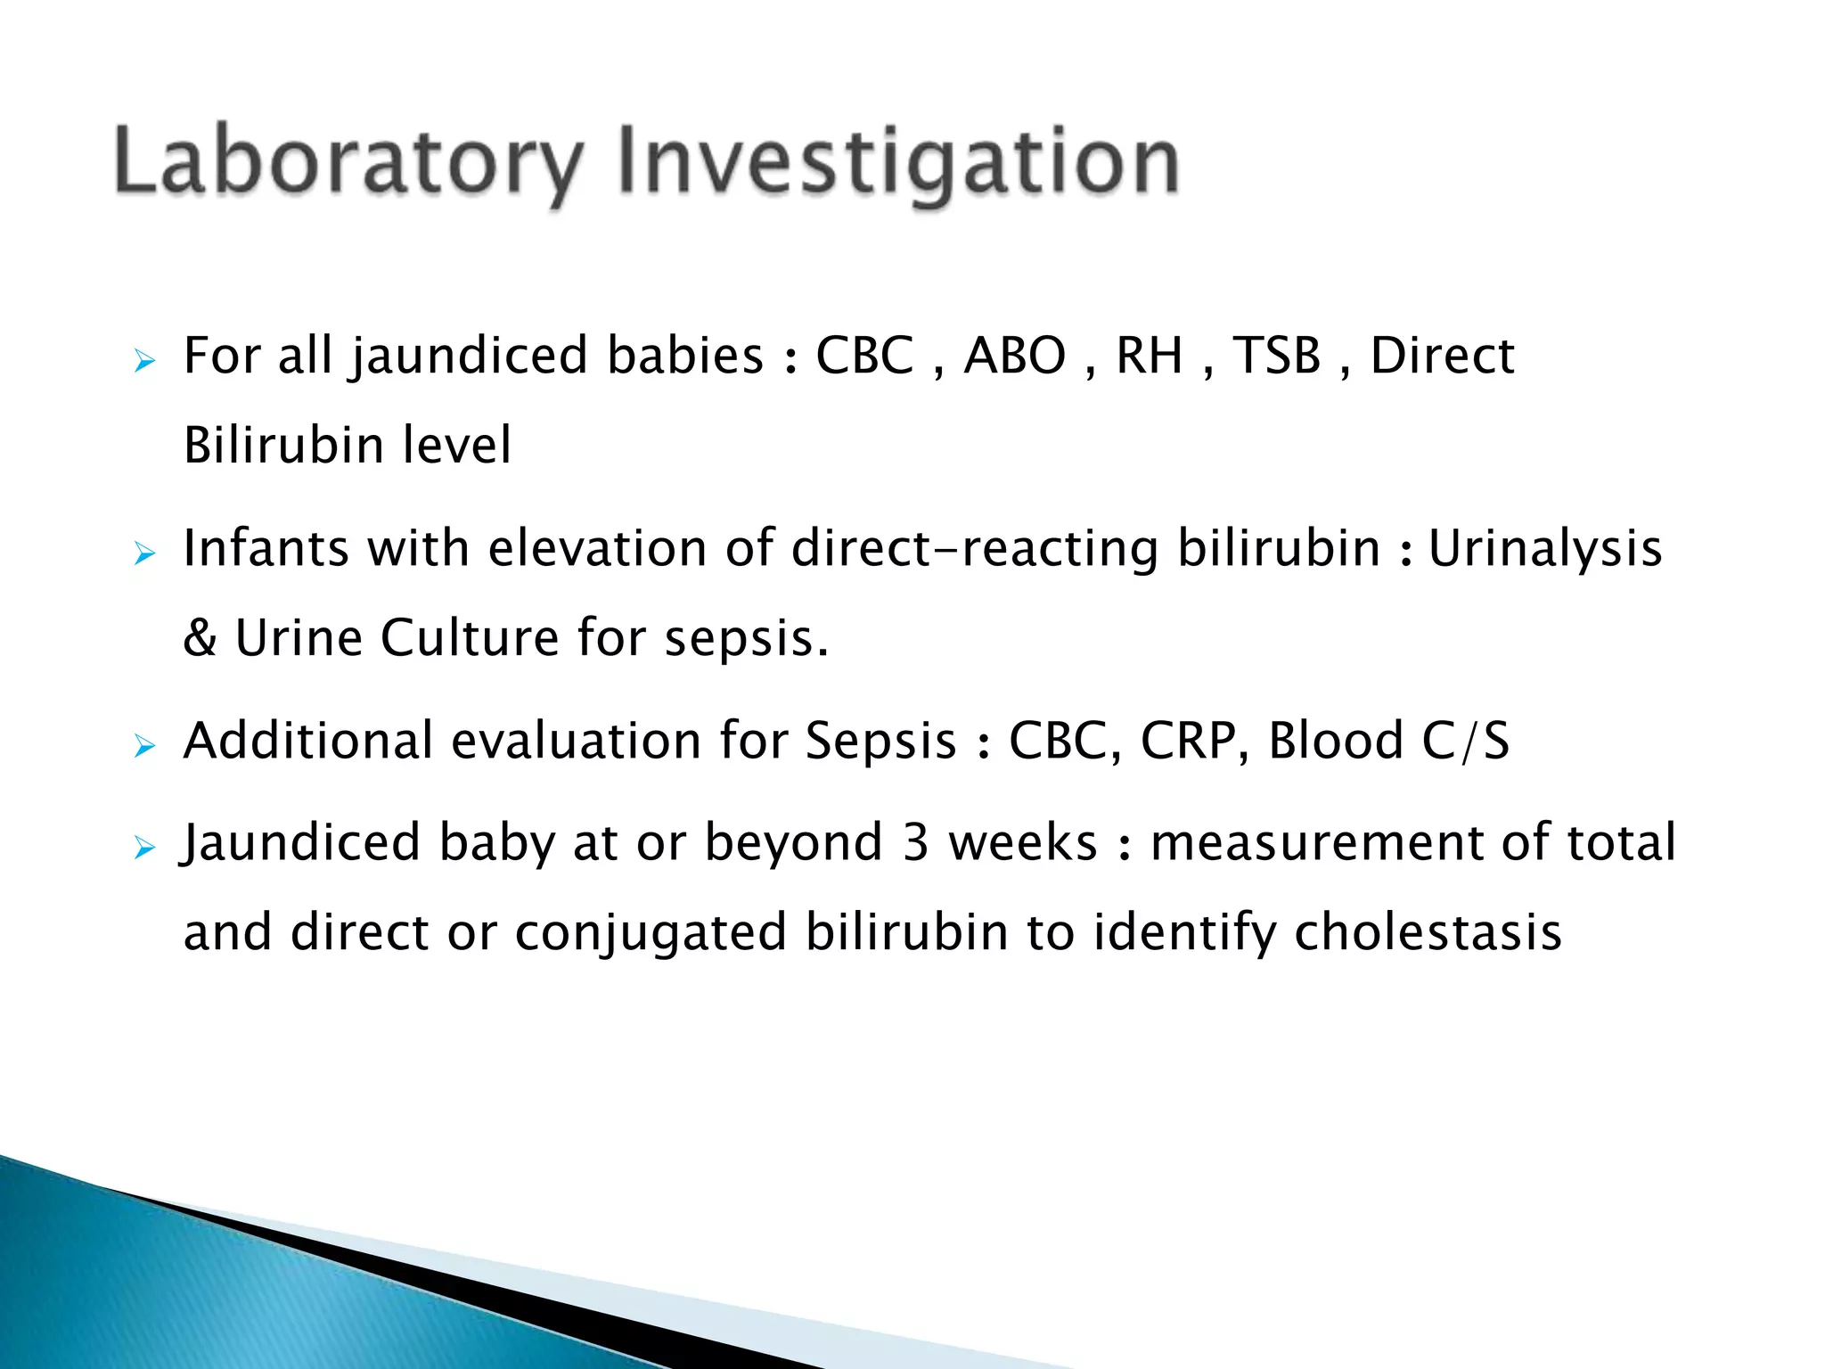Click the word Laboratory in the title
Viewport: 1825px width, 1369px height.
tap(348, 162)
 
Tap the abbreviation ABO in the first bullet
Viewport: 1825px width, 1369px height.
tap(1015, 356)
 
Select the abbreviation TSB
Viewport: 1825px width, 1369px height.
tap(1276, 356)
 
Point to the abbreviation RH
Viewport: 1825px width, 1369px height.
tap(1149, 356)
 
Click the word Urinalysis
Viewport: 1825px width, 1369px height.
tap(1545, 548)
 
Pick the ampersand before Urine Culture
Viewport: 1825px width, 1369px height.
tap(200, 638)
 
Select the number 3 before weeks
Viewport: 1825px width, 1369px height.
tap(915, 843)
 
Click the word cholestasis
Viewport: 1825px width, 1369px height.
tap(1428, 933)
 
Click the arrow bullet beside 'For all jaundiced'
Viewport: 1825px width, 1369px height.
tap(144, 362)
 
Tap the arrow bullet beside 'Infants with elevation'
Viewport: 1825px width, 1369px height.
tap(144, 554)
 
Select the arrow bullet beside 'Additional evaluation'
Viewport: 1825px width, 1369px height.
tap(144, 746)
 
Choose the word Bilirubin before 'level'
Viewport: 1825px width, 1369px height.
tap(283, 446)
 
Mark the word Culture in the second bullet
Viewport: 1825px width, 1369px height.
tap(470, 638)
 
